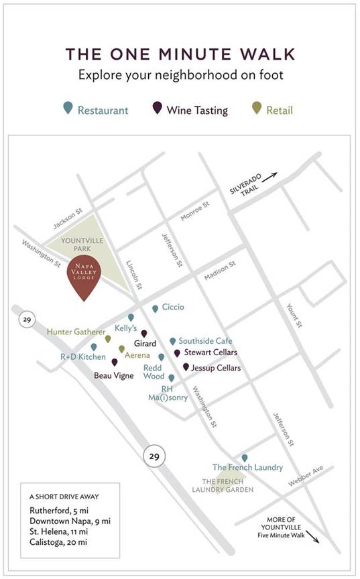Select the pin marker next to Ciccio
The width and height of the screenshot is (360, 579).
pos(155,308)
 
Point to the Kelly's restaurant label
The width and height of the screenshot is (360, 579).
pos(125,328)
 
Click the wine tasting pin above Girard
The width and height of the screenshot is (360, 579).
pos(143,333)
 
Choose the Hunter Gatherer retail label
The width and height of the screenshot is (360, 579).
pos(76,332)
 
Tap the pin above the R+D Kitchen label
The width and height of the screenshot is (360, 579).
pos(93,347)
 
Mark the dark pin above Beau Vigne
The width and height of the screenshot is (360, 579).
pos(114,363)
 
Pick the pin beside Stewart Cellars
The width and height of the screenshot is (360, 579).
pos(177,353)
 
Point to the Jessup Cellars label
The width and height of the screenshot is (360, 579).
pos(215,368)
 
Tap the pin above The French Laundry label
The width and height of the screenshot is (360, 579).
pos(244,458)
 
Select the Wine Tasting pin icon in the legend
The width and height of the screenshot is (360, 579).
pos(157,108)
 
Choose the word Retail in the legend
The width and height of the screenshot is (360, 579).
pos(279,110)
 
